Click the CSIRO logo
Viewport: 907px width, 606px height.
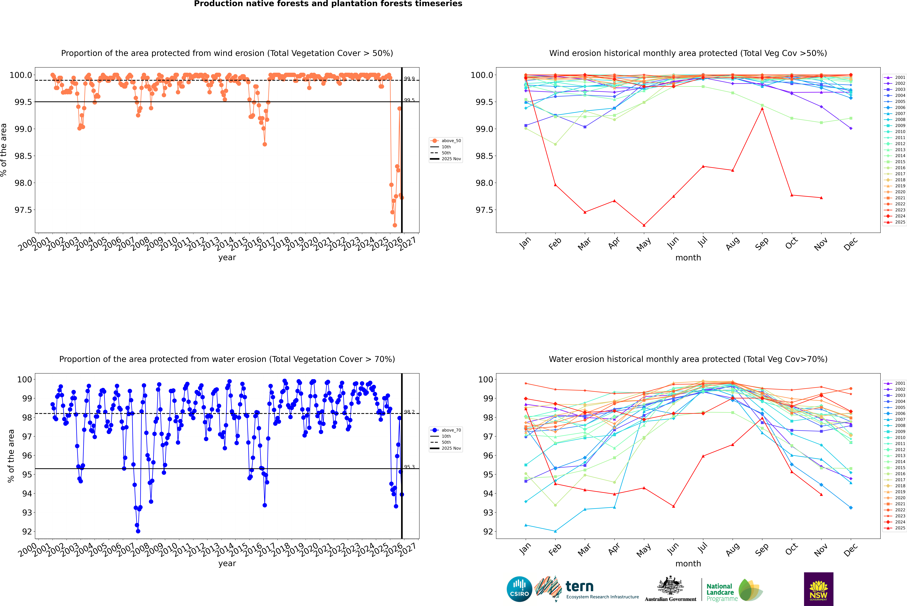click(519, 589)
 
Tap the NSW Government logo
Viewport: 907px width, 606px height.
click(818, 589)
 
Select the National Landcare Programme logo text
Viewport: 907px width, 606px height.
click(720, 592)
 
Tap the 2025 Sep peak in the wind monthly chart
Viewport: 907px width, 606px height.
click(762, 109)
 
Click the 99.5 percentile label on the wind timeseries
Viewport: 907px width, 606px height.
click(409, 100)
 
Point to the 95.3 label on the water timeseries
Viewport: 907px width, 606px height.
click(409, 467)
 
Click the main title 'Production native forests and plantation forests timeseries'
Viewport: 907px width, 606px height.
click(328, 4)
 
